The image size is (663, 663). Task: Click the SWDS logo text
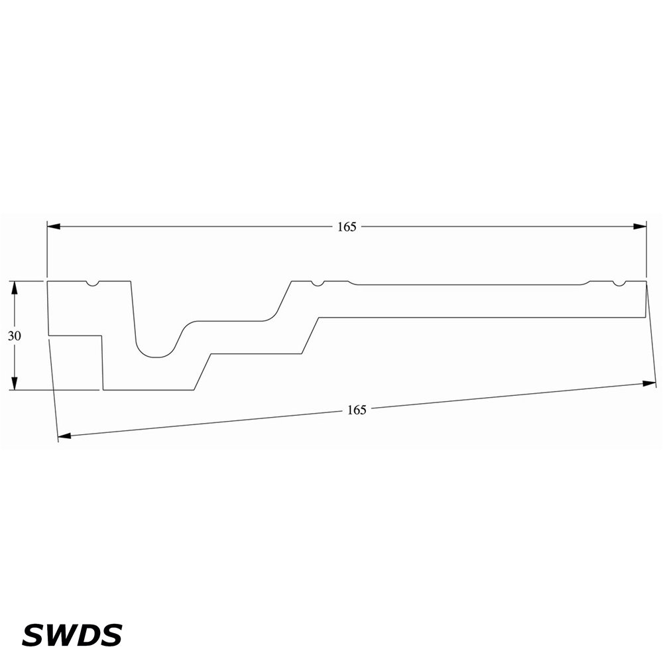(x=72, y=634)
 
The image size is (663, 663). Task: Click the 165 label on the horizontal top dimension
(x=347, y=227)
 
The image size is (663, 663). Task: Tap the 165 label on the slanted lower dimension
(x=357, y=410)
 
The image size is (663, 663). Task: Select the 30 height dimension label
(x=15, y=335)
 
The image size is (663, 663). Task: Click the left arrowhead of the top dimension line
(x=53, y=227)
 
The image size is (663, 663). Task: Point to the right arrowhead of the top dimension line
(x=640, y=227)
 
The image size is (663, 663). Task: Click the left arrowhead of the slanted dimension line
(x=64, y=436)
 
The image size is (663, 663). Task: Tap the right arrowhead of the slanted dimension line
(x=650, y=383)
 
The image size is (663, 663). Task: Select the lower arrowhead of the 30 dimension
(x=15, y=383)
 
